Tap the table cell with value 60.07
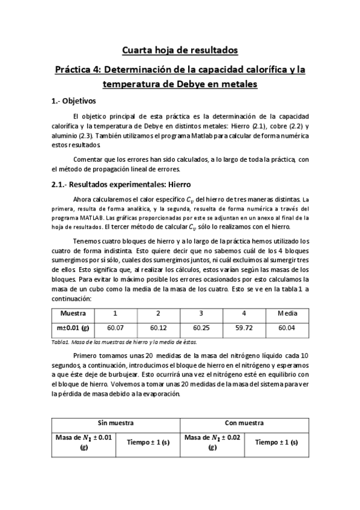pos(115,328)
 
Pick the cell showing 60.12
pos(158,328)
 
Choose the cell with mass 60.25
pos(201,328)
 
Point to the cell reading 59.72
pos(243,328)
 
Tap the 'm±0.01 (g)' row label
pos(73,328)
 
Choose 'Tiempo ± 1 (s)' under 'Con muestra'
pos(277,442)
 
